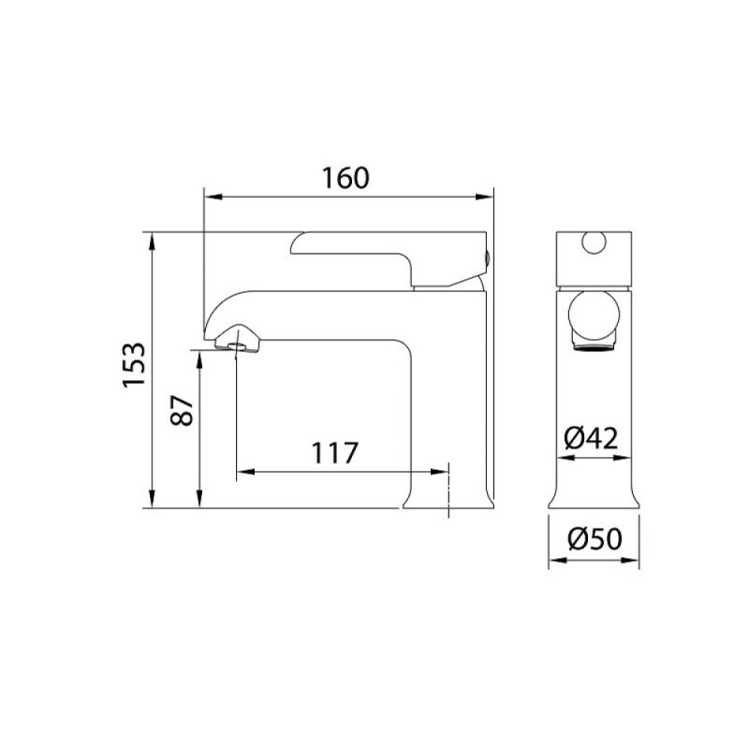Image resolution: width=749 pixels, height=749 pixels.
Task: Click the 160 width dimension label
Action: (345, 178)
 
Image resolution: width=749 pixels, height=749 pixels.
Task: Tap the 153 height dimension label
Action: (134, 365)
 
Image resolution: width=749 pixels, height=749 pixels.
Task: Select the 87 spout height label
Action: (182, 410)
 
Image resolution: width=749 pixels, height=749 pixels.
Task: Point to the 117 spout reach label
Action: (334, 453)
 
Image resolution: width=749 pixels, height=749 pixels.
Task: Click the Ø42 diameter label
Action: (591, 437)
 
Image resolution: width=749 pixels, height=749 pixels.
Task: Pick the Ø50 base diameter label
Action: (595, 539)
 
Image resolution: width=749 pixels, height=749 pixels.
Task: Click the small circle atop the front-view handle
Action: (594, 242)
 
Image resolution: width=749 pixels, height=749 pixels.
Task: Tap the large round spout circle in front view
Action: (594, 316)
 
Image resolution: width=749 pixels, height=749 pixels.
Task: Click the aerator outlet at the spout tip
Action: (236, 346)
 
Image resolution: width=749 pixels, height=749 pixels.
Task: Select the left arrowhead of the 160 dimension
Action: (213, 197)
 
